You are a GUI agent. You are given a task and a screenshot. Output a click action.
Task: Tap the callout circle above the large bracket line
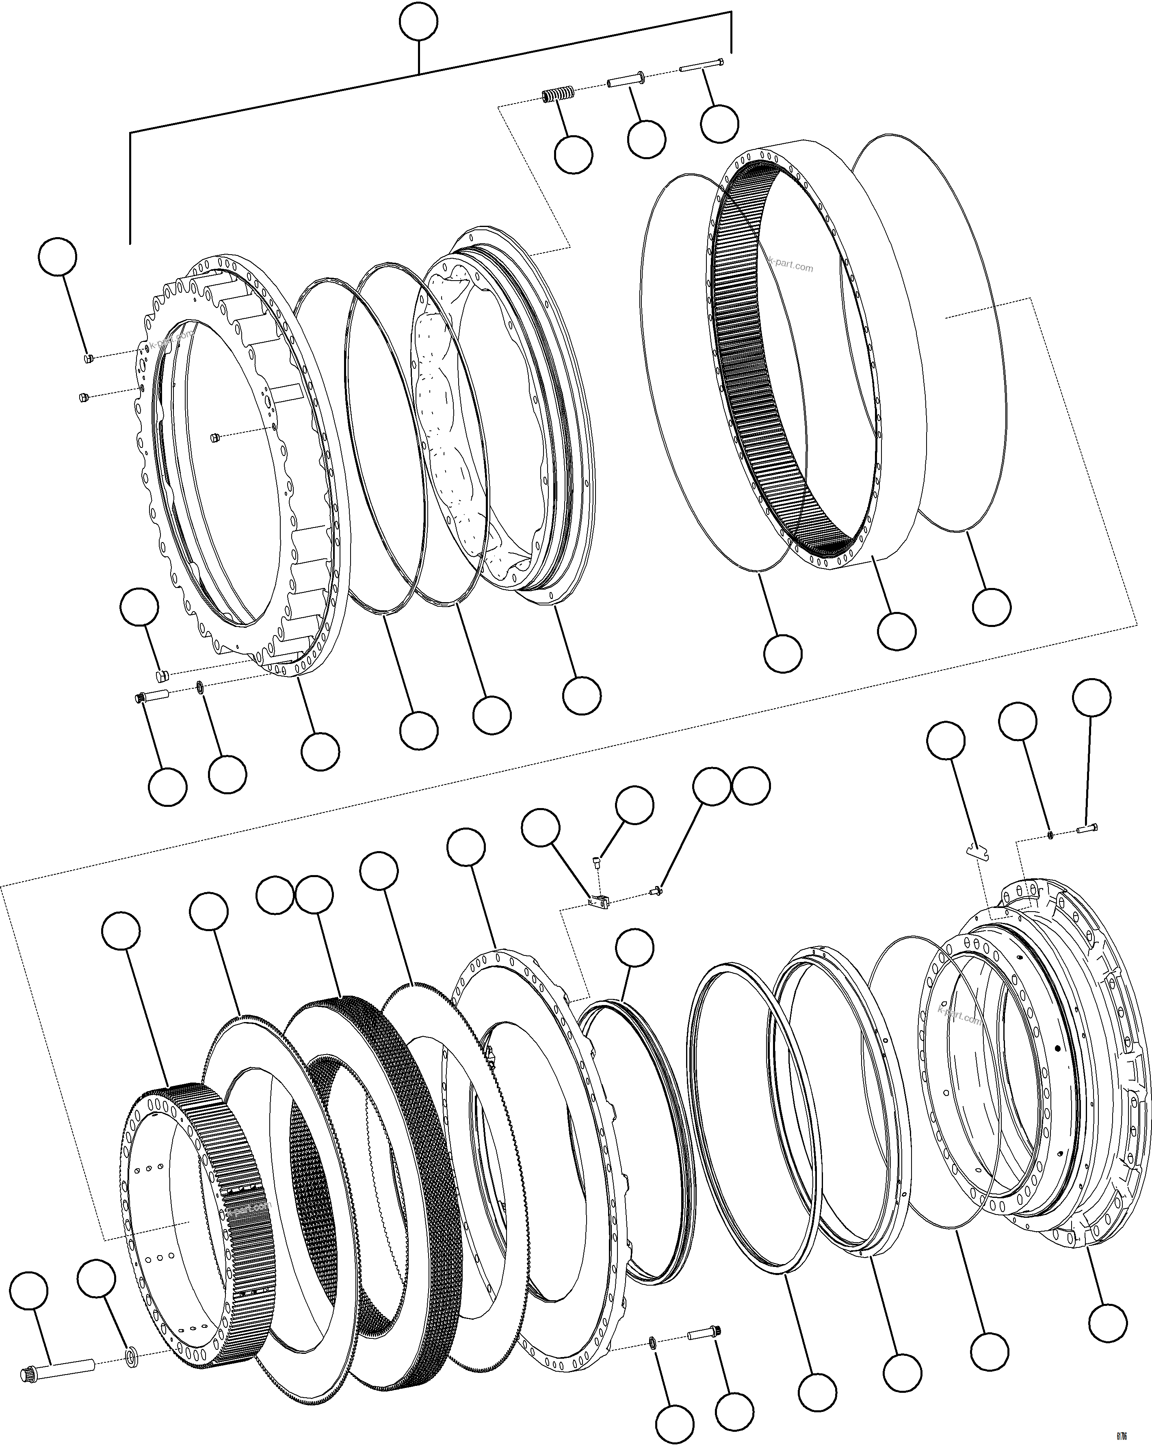click(x=419, y=22)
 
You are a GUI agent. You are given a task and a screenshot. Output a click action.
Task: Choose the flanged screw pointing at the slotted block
click(x=656, y=891)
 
